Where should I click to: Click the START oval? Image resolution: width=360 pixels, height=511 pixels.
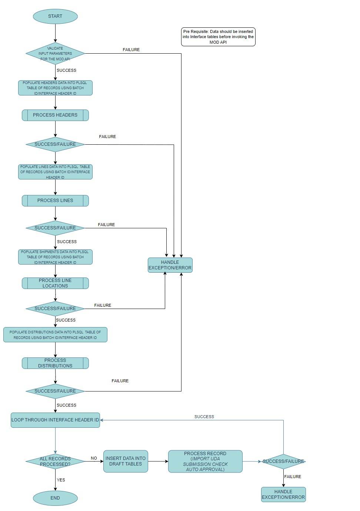(x=55, y=16)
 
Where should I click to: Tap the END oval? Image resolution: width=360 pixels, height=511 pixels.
(x=55, y=498)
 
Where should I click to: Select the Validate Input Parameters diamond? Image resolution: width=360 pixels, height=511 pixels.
(x=55, y=54)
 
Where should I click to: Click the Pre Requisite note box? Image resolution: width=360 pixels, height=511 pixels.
(x=218, y=37)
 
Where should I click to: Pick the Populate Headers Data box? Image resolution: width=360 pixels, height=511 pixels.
(x=55, y=88)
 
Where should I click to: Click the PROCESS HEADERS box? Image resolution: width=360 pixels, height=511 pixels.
(x=55, y=115)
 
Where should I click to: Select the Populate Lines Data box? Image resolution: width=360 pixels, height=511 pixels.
(x=55, y=172)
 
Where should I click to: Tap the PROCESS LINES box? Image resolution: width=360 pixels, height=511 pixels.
(x=55, y=201)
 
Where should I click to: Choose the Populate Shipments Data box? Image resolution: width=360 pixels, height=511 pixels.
(x=55, y=257)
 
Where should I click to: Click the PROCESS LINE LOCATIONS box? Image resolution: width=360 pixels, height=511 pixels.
(x=55, y=283)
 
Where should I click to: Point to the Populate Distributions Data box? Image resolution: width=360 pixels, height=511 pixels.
(x=55, y=335)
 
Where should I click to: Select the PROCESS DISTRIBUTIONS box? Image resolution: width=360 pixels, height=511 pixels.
(x=55, y=363)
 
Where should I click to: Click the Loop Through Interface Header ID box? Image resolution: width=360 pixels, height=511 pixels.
(x=55, y=420)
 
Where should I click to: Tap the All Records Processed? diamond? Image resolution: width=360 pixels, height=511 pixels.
(x=55, y=461)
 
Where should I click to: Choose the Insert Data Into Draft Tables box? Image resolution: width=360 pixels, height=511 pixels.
(x=126, y=461)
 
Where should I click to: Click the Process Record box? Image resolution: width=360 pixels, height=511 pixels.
(x=205, y=461)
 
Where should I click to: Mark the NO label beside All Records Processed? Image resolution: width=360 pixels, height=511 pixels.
(x=94, y=458)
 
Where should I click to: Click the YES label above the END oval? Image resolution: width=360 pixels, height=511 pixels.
(x=61, y=480)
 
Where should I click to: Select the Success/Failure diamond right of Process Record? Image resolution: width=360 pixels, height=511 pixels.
(x=283, y=461)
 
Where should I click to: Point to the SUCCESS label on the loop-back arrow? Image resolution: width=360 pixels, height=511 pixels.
(x=204, y=417)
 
